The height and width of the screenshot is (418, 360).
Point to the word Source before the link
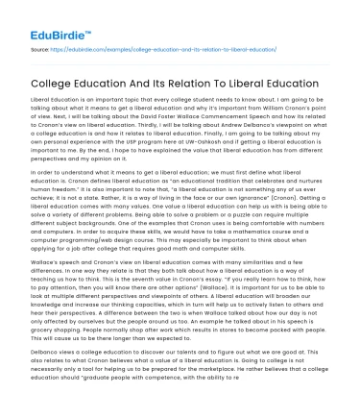click(39, 47)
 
